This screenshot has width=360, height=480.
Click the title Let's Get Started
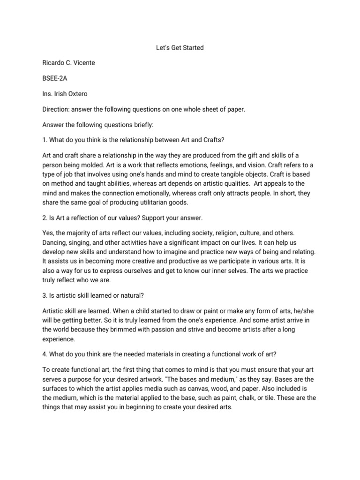point(180,48)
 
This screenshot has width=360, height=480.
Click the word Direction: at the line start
point(57,109)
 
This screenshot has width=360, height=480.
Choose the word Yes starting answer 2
point(48,233)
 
